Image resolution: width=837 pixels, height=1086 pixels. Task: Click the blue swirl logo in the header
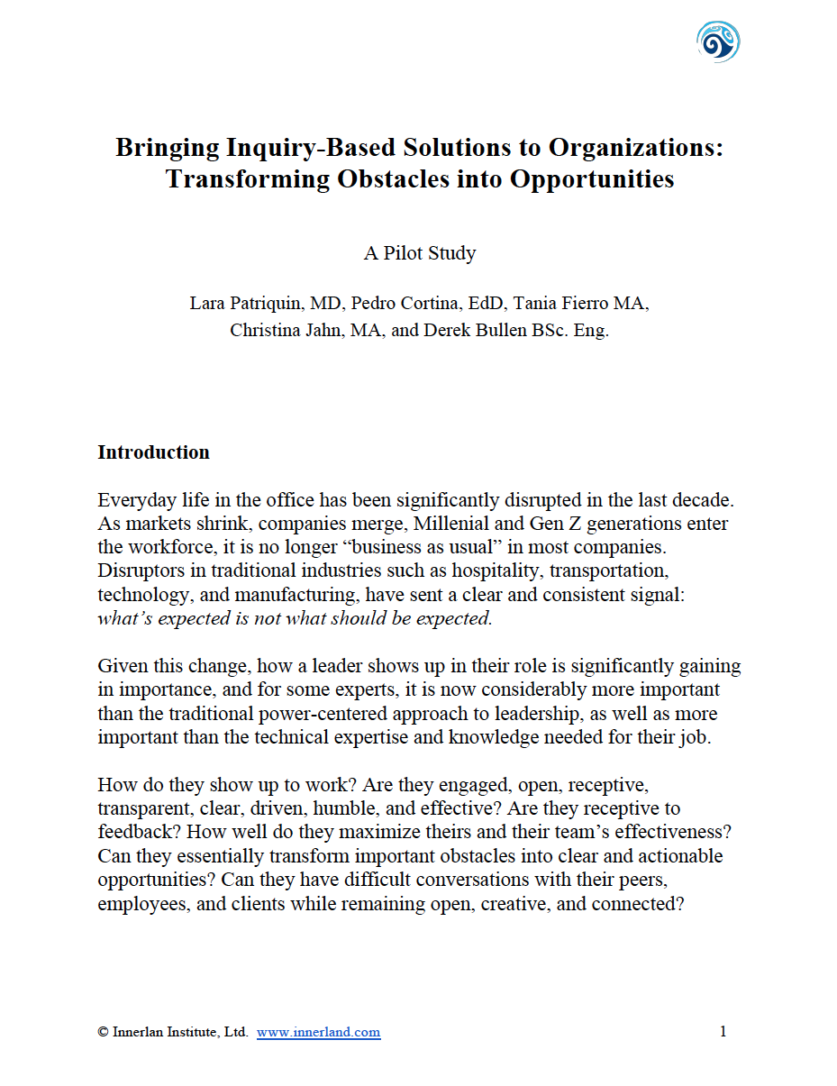click(x=718, y=41)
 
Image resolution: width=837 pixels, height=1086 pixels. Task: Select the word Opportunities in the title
click(x=592, y=178)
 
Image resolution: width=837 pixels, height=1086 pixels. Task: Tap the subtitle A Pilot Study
click(x=419, y=253)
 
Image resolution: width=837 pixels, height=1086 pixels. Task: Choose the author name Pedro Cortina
click(x=387, y=303)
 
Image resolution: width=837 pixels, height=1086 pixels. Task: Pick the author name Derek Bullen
click(x=473, y=330)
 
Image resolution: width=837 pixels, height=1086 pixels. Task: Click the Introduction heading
click(x=153, y=452)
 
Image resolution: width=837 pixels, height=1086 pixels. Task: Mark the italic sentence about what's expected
click(x=295, y=618)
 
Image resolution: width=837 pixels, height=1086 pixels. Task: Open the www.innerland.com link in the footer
click(x=318, y=1033)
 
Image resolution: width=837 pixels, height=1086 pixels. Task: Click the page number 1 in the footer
click(x=723, y=1032)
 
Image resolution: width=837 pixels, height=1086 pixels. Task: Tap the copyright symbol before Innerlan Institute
click(x=103, y=1033)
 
